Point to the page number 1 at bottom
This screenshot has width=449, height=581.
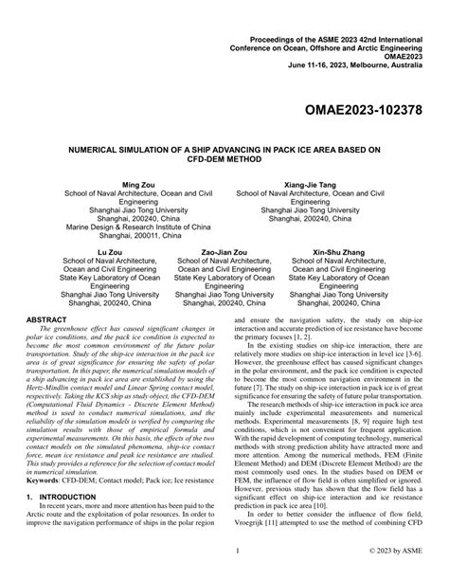224,549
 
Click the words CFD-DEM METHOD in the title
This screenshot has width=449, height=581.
224,159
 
